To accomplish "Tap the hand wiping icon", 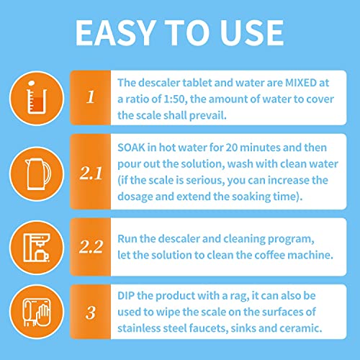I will (32, 312).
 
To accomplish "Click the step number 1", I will (90, 96).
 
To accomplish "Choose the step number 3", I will (90, 312).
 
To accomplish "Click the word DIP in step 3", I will (127, 297).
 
